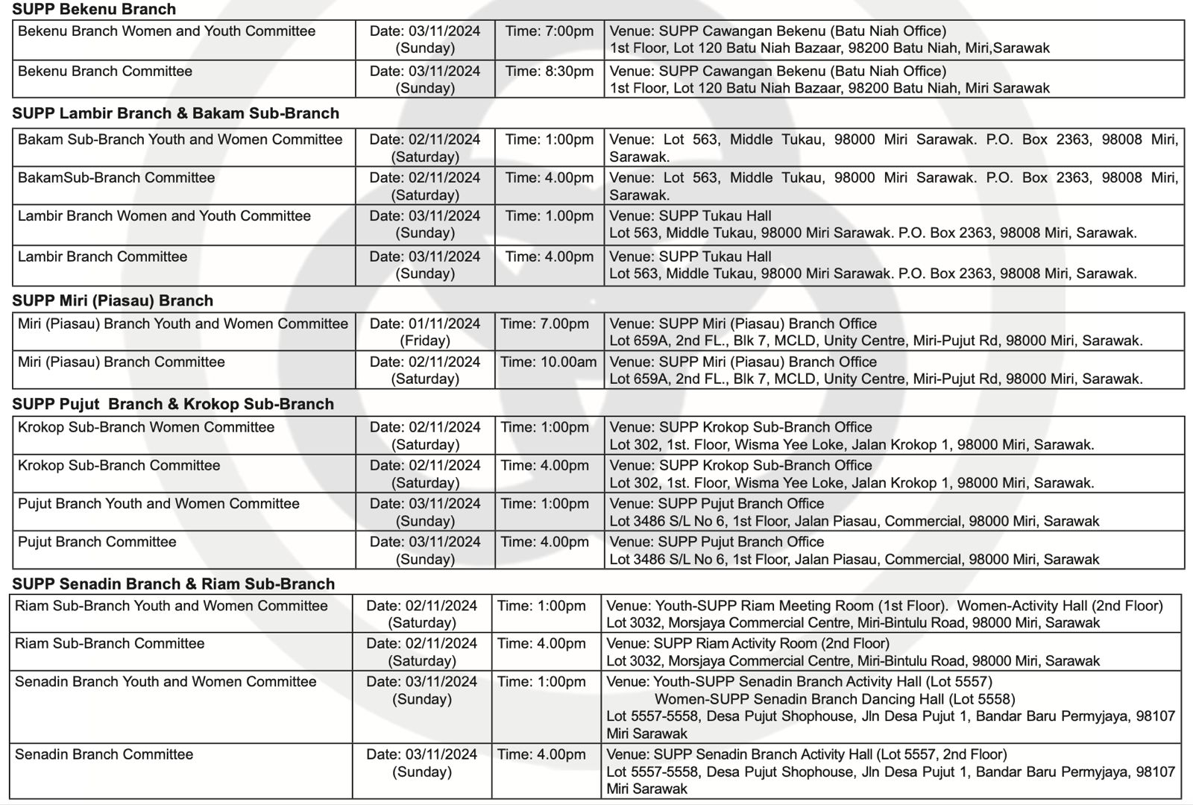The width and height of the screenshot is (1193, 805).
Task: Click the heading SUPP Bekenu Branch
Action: point(94,10)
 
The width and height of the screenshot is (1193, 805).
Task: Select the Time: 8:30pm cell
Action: point(550,72)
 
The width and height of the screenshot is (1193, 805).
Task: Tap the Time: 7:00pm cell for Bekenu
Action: point(550,31)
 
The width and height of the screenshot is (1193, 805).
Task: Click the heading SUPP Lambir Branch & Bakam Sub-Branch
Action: point(175,113)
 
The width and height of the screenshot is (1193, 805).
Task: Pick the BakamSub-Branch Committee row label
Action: point(116,178)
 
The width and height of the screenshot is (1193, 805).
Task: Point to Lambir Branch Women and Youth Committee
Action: point(164,216)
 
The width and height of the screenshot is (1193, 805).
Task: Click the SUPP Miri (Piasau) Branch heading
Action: point(113,300)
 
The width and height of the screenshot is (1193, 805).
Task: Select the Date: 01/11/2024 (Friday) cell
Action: point(425,332)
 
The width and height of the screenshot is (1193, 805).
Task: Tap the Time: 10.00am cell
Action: point(549,362)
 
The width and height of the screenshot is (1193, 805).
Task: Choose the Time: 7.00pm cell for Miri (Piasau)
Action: point(545,324)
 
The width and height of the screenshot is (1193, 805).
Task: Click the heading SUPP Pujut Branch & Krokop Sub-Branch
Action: point(173,404)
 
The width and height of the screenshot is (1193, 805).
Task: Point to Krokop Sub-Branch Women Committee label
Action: point(146,428)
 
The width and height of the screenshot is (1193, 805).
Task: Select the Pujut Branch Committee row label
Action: point(97,542)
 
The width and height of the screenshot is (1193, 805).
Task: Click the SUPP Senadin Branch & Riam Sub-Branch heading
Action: point(173,584)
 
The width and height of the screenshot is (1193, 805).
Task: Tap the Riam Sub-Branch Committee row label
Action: point(110,644)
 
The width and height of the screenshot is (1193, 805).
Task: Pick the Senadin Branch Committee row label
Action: point(104,754)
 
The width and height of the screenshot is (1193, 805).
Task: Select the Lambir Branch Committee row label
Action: point(102,257)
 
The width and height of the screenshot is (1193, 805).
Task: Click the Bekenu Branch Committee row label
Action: point(105,72)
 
